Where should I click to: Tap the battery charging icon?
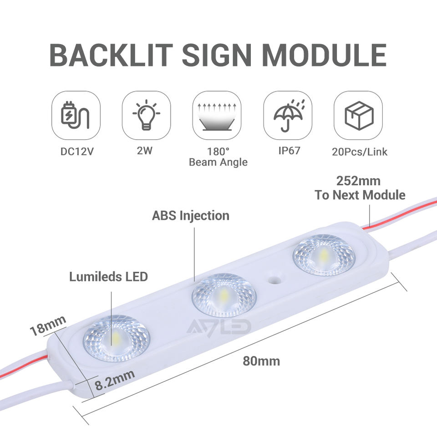76,115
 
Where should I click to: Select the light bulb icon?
146,115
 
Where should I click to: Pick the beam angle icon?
217,115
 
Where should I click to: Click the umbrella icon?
288,115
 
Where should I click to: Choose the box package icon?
358,115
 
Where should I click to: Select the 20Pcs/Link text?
360,151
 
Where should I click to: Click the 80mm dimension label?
261,362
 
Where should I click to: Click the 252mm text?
358,181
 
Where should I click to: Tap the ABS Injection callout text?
190,215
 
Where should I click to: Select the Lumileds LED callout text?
108,276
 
